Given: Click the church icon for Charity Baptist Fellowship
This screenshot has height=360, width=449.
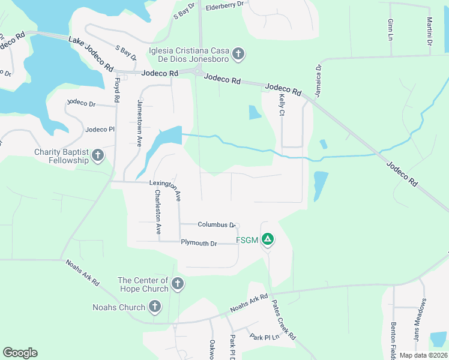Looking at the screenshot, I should (98, 157).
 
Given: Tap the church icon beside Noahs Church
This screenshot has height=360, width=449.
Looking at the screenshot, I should (154, 307).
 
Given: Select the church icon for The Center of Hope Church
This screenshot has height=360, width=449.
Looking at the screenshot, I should (177, 284).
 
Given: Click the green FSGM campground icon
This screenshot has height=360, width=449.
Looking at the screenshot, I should (268, 240).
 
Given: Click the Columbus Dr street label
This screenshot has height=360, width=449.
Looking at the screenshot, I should (216, 224).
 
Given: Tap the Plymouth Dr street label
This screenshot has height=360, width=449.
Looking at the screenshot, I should (199, 243).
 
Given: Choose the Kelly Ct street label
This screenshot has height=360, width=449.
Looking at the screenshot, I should (281, 104).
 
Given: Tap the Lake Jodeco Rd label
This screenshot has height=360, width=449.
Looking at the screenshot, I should (91, 52).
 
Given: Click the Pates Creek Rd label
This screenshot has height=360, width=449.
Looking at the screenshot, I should (284, 319).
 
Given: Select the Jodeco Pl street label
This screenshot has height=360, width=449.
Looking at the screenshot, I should (100, 129).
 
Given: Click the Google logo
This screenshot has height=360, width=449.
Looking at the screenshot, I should (20, 353).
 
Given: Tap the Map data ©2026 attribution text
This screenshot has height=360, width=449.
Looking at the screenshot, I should (423, 355).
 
